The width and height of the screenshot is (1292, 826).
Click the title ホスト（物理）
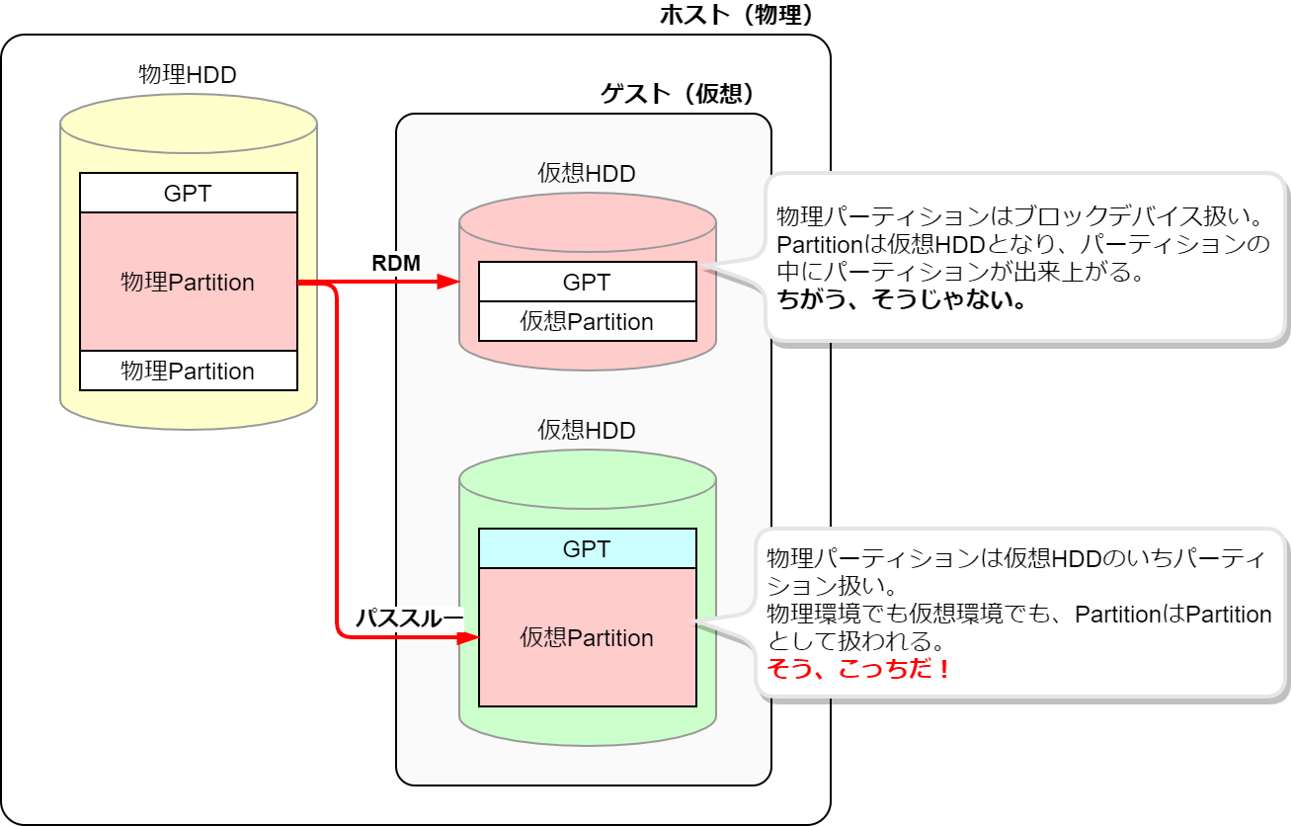(x=736, y=16)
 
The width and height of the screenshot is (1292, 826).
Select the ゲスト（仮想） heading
(x=678, y=94)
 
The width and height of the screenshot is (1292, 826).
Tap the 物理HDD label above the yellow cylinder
(x=188, y=74)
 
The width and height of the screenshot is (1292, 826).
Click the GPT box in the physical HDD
(x=188, y=193)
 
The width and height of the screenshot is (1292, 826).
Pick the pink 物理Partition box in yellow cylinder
(x=188, y=282)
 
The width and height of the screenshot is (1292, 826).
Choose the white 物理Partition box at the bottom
(x=188, y=371)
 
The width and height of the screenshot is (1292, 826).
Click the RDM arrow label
(x=396, y=263)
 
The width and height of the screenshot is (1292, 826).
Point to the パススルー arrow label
(x=408, y=618)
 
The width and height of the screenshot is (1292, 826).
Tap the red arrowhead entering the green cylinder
(x=468, y=637)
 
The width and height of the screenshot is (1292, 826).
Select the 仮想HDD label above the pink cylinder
(x=587, y=174)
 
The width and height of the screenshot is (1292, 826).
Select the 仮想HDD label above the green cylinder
(x=587, y=430)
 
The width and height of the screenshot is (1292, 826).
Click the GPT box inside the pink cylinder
(x=587, y=282)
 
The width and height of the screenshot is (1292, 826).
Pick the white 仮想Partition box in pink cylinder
(x=587, y=321)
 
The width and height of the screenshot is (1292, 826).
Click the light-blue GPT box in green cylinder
(x=587, y=548)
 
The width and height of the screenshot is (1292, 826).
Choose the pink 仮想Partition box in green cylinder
(x=587, y=637)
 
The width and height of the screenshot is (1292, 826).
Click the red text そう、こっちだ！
(x=860, y=669)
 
